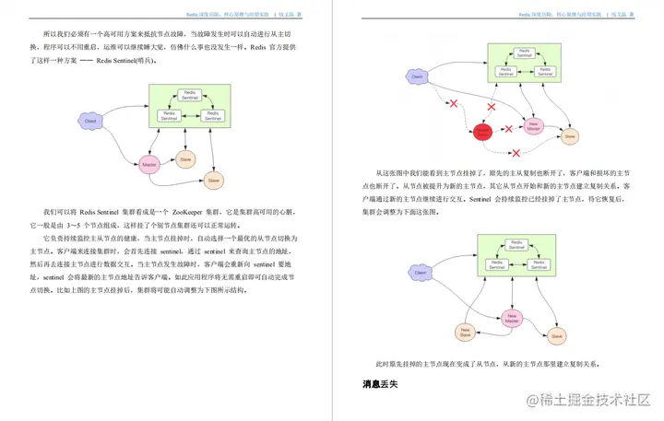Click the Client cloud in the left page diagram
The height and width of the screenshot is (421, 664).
[90, 121]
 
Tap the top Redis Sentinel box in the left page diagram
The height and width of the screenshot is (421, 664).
[189, 95]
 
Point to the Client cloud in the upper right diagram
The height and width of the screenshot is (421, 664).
[417, 76]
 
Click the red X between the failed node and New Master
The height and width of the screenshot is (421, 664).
[509, 130]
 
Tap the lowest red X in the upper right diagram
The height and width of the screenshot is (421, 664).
[516, 152]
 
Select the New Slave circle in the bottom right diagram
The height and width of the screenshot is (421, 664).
[465, 332]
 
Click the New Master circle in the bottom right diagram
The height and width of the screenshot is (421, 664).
[513, 318]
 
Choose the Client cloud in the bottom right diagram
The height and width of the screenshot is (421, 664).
[420, 274]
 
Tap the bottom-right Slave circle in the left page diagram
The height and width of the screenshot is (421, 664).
[214, 180]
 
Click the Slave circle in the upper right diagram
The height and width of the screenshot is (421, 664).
[569, 136]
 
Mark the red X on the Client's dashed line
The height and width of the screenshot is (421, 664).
[452, 103]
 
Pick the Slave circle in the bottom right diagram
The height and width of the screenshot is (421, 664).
[556, 337]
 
